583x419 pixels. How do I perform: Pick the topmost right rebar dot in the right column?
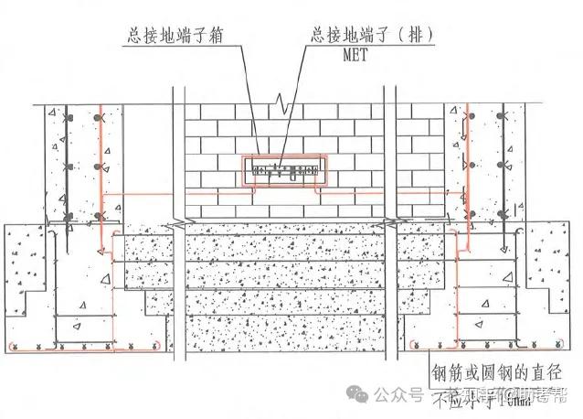(500, 116)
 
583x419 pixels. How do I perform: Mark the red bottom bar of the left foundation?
(82, 349)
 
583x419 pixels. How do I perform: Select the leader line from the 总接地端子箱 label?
(245, 101)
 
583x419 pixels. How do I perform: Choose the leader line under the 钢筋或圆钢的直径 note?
(493, 387)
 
